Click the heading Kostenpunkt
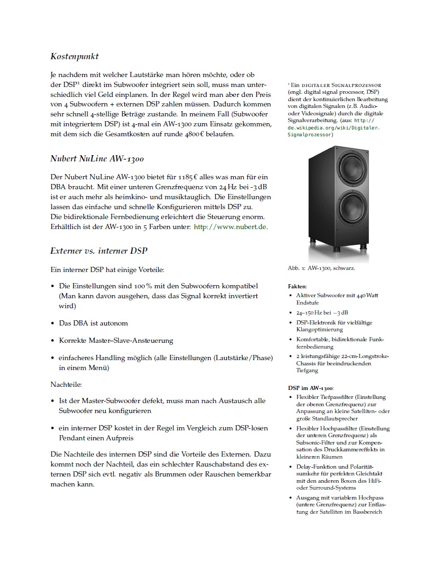(75, 56)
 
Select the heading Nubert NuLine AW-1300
(97, 158)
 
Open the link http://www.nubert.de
(231, 226)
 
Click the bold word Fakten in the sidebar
(297, 287)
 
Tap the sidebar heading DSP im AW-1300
(310, 388)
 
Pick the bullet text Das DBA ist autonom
(93, 323)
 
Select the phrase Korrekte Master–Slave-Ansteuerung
(116, 340)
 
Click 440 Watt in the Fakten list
(367, 296)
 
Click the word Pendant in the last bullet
(74, 437)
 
